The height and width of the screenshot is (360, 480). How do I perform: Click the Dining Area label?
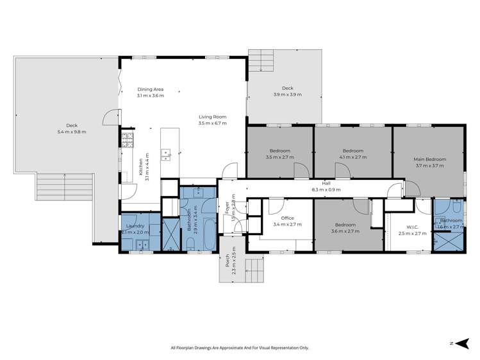[x=151, y=90]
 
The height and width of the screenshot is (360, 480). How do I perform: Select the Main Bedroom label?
[x=429, y=159]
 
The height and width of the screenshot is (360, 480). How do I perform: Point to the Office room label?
[x=277, y=218]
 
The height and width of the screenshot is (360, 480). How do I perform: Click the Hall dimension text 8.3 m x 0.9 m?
[x=326, y=190]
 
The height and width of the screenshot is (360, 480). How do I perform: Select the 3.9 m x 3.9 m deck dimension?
[x=288, y=95]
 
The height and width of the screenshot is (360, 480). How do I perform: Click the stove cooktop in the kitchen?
[x=128, y=139]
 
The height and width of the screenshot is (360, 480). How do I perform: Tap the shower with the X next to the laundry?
[x=170, y=234]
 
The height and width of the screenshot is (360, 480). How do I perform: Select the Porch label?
[x=227, y=262]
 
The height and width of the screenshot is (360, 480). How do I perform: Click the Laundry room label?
[x=134, y=225]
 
